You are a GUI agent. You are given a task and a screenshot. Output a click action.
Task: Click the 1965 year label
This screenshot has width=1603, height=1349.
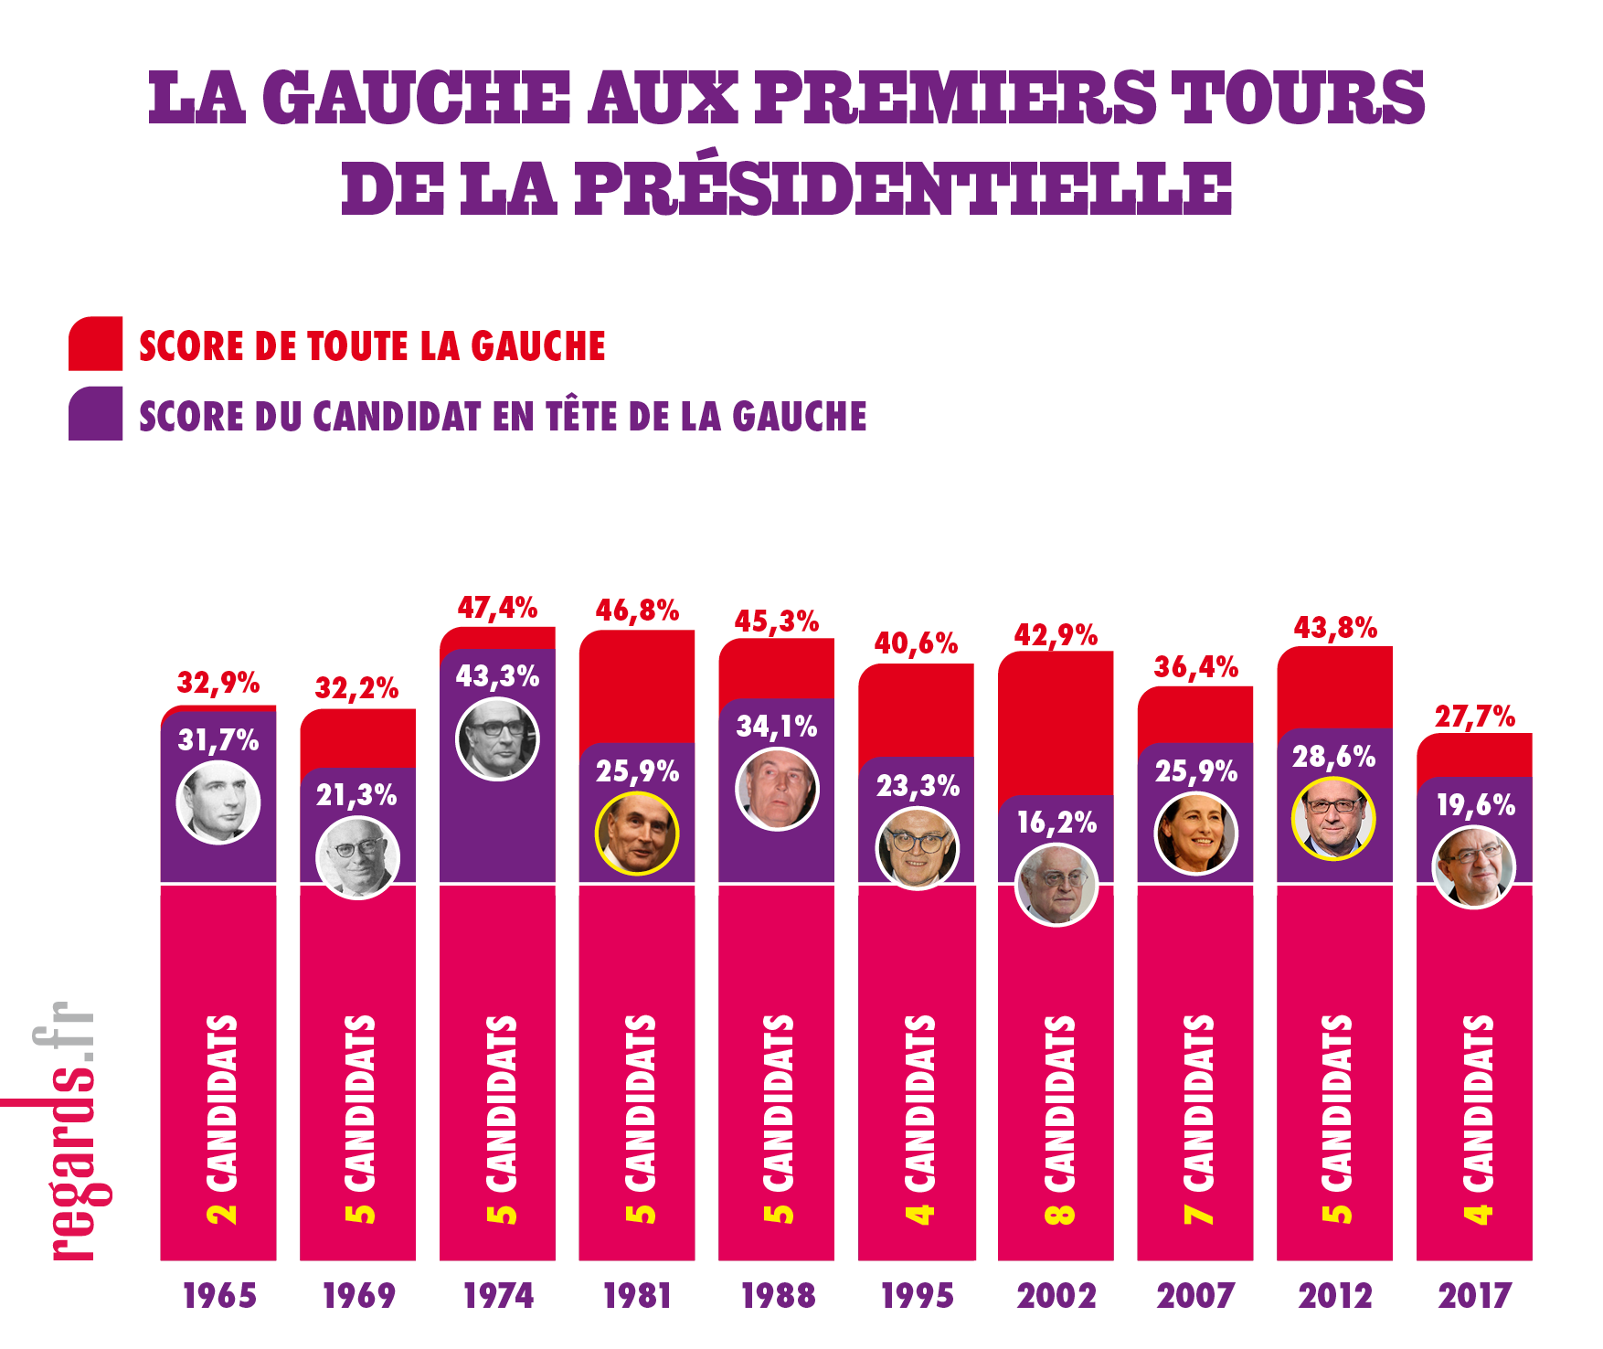coord(219,1296)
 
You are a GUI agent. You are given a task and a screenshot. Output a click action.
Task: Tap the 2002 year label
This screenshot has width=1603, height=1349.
coord(1056,1296)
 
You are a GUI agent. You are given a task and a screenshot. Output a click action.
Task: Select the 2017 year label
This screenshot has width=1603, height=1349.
coord(1474,1296)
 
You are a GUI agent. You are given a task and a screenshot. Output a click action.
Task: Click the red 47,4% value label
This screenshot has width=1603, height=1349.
coord(497,608)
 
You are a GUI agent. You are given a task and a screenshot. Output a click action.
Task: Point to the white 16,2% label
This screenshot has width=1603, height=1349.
coord(1056,823)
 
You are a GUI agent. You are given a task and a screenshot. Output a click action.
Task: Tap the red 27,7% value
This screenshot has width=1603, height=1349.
coord(1474,717)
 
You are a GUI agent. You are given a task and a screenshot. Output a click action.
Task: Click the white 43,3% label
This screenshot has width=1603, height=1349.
coord(497,676)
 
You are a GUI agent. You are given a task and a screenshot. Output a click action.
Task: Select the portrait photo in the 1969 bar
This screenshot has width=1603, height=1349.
coord(357,858)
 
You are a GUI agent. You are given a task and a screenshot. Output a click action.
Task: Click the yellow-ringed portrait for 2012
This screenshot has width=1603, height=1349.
coord(1333,818)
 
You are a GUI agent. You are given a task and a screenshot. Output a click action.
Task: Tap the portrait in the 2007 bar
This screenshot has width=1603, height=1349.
coord(1195,834)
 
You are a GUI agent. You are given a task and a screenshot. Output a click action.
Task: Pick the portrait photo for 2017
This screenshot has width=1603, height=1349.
coord(1473,867)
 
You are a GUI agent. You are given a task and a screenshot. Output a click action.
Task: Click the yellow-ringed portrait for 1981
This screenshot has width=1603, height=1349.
coord(637,834)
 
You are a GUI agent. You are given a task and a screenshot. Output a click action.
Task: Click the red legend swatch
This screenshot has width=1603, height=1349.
coord(95,344)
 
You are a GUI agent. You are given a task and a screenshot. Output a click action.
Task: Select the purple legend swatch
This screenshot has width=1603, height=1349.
coord(95,414)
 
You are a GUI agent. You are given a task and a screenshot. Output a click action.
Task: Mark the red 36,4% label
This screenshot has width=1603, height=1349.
coord(1195,668)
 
